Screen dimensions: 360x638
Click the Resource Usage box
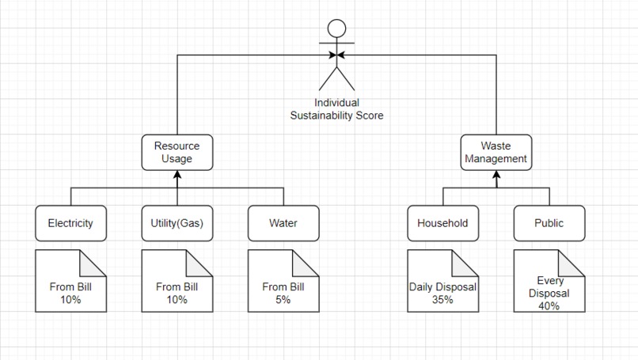pos(177,152)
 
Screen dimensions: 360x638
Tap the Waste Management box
pos(496,152)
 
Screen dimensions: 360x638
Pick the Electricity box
pos(70,223)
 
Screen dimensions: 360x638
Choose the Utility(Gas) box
pos(177,223)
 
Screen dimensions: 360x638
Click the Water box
pos(283,223)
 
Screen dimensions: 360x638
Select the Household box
pos(442,223)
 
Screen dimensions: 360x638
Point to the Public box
pos(549,223)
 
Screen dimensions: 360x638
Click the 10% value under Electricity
pos(70,300)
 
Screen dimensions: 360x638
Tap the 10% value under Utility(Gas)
pos(177,300)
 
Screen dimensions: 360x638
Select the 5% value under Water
pos(283,300)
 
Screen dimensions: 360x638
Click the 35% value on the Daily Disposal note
pos(442,300)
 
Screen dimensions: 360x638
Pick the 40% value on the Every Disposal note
pos(549,305)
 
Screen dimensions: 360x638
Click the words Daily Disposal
pos(442,287)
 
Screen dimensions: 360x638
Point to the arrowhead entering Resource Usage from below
pos(177,174)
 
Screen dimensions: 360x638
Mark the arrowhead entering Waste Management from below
pos(496,174)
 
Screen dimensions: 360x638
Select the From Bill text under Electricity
pos(70,287)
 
